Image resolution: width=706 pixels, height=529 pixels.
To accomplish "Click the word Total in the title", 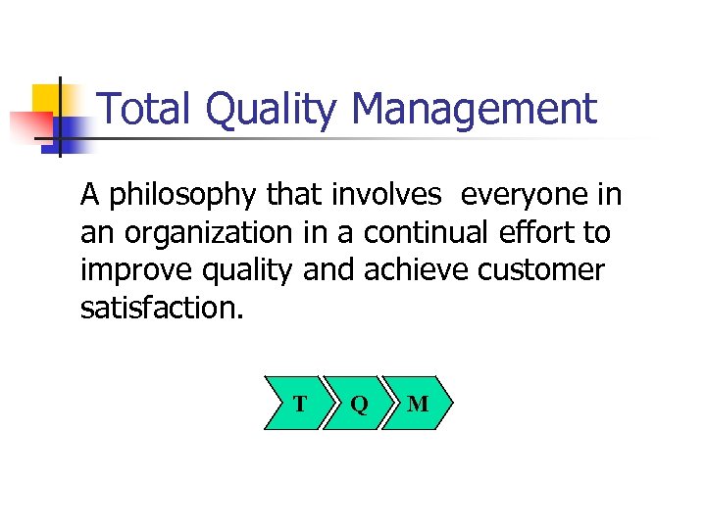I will (x=146, y=109).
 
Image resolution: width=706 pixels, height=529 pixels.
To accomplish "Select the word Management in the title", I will (x=474, y=109).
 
